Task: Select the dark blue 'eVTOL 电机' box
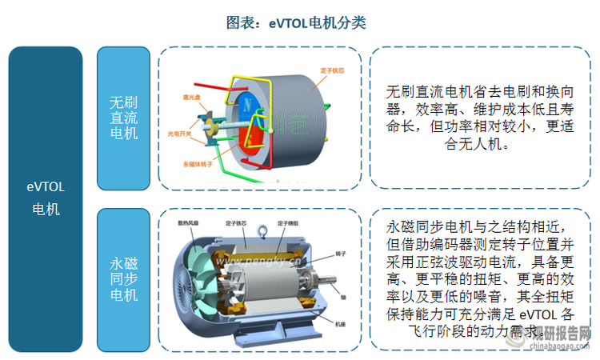tap(46, 198)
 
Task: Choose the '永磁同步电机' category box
tap(123, 278)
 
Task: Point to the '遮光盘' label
tap(191, 98)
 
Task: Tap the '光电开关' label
tap(179, 134)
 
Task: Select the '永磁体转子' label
tap(196, 164)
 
